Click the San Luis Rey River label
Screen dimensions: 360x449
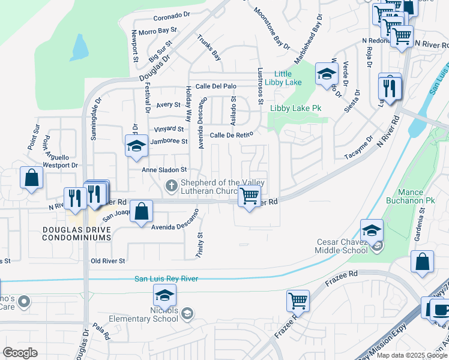(x=166, y=278)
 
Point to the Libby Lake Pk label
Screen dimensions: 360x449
(x=297, y=109)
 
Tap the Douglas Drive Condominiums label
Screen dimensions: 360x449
(x=77, y=233)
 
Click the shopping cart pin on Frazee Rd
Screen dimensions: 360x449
(x=298, y=300)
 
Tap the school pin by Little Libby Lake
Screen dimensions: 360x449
(x=327, y=74)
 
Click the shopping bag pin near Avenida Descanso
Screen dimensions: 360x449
(x=141, y=212)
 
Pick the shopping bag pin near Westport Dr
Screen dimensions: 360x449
(x=31, y=178)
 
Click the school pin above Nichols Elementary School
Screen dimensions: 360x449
(x=164, y=295)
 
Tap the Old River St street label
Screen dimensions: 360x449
(x=107, y=261)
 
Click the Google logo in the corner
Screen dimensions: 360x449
(x=20, y=353)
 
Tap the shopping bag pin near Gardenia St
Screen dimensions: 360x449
(x=423, y=262)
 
